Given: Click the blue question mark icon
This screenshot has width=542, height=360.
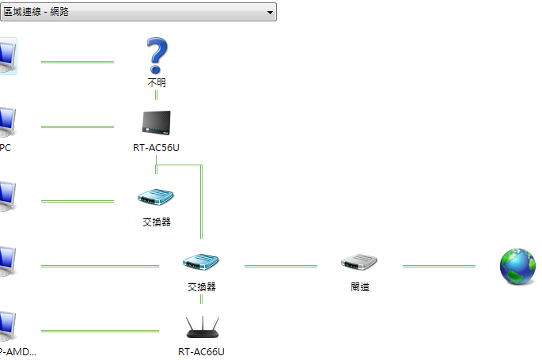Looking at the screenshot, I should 157,56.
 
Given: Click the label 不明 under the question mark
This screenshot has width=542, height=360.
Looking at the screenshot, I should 157,82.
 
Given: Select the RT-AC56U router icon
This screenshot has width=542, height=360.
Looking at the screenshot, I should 157,123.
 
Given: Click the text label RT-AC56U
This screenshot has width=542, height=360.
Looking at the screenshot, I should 157,147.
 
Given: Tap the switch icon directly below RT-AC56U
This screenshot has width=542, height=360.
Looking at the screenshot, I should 156,198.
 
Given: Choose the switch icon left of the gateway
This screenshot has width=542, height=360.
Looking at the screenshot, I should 201,262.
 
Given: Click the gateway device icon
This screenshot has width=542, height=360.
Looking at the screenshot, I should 360,263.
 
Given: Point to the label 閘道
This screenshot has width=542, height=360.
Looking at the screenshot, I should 360,287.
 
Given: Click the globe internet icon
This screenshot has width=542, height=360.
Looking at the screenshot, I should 517,266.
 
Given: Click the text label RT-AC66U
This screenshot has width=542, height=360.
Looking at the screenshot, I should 201,351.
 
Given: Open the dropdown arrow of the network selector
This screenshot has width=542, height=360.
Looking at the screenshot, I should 271,12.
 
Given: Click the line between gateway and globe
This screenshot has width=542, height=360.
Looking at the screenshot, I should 438,266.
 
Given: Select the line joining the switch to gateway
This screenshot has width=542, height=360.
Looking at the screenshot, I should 280,266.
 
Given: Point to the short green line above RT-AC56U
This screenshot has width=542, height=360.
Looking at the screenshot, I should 157,96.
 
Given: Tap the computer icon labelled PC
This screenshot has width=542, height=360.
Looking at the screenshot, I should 6,123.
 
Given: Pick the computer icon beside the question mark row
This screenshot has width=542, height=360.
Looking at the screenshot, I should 6,58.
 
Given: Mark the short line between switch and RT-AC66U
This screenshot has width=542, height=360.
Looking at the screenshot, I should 201,299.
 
